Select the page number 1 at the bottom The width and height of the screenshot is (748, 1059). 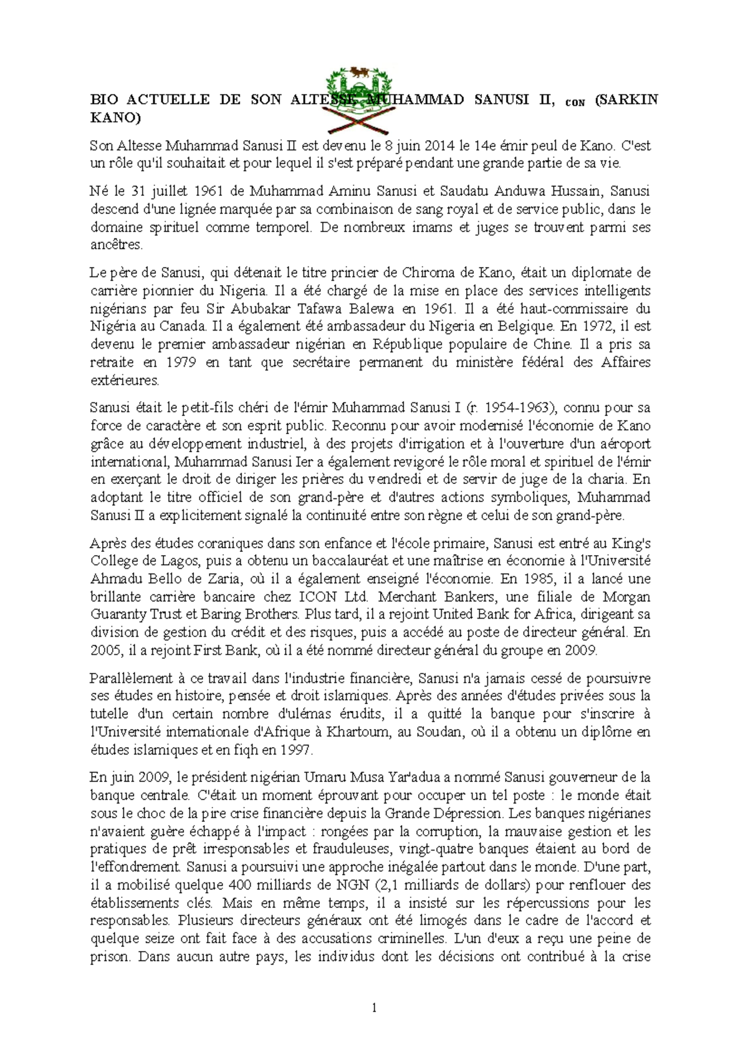373,1007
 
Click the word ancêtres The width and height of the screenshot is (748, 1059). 116,245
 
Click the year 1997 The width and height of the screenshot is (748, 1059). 303,750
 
